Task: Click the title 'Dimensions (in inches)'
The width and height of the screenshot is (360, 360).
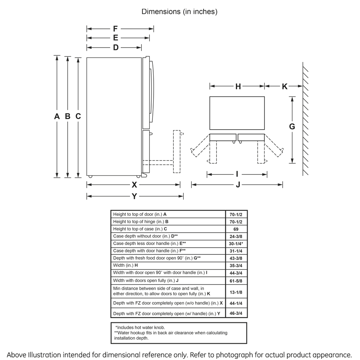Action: coord(180,12)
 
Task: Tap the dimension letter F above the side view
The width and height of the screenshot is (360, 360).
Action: coord(115,29)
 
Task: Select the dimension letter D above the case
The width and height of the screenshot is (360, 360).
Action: coord(115,48)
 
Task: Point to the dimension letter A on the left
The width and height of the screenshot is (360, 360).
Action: coord(57,116)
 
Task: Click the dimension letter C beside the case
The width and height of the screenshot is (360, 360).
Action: coord(78,116)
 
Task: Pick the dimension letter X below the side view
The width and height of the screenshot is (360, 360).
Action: coord(134,185)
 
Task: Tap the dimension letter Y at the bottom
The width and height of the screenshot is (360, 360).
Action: coord(134,196)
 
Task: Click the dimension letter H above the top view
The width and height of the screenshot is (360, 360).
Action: coord(238,86)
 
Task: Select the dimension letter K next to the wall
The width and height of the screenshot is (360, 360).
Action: coord(284,86)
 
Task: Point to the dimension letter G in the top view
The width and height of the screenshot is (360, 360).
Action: coord(292,126)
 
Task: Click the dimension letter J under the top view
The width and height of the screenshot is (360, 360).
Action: coord(238,185)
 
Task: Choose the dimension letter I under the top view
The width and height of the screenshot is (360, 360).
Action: coord(237,174)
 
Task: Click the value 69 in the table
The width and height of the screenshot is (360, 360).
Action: coord(236,229)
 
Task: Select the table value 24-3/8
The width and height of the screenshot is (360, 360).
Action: coord(236,236)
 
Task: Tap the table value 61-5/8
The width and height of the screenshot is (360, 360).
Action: coord(236,280)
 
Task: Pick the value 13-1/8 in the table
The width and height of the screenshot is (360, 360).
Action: coord(236,291)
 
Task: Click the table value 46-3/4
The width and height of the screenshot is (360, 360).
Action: coord(236,314)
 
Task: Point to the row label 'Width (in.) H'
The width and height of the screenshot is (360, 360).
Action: coord(126,266)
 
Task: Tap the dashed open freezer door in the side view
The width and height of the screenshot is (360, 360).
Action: coord(176,151)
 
